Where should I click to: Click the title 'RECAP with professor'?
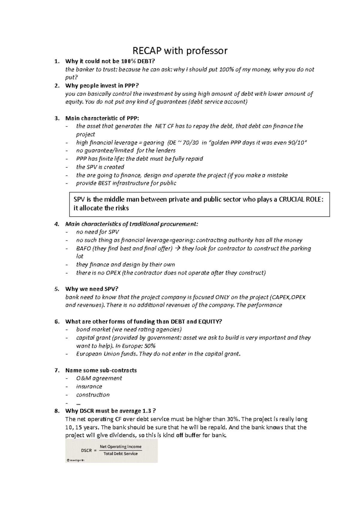180,51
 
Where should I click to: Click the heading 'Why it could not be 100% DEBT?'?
110,61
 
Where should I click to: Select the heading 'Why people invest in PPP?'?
102,86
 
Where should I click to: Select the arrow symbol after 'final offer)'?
178,249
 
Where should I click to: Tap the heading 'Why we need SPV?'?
92,289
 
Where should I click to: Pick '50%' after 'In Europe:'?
149,346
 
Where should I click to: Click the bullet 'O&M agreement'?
99,379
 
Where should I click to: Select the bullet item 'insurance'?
89,387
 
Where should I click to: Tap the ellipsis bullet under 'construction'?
79,403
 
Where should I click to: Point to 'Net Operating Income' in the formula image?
121,447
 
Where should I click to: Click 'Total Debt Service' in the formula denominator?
121,454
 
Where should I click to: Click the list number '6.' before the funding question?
57,322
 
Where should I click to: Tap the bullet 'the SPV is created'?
100,167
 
